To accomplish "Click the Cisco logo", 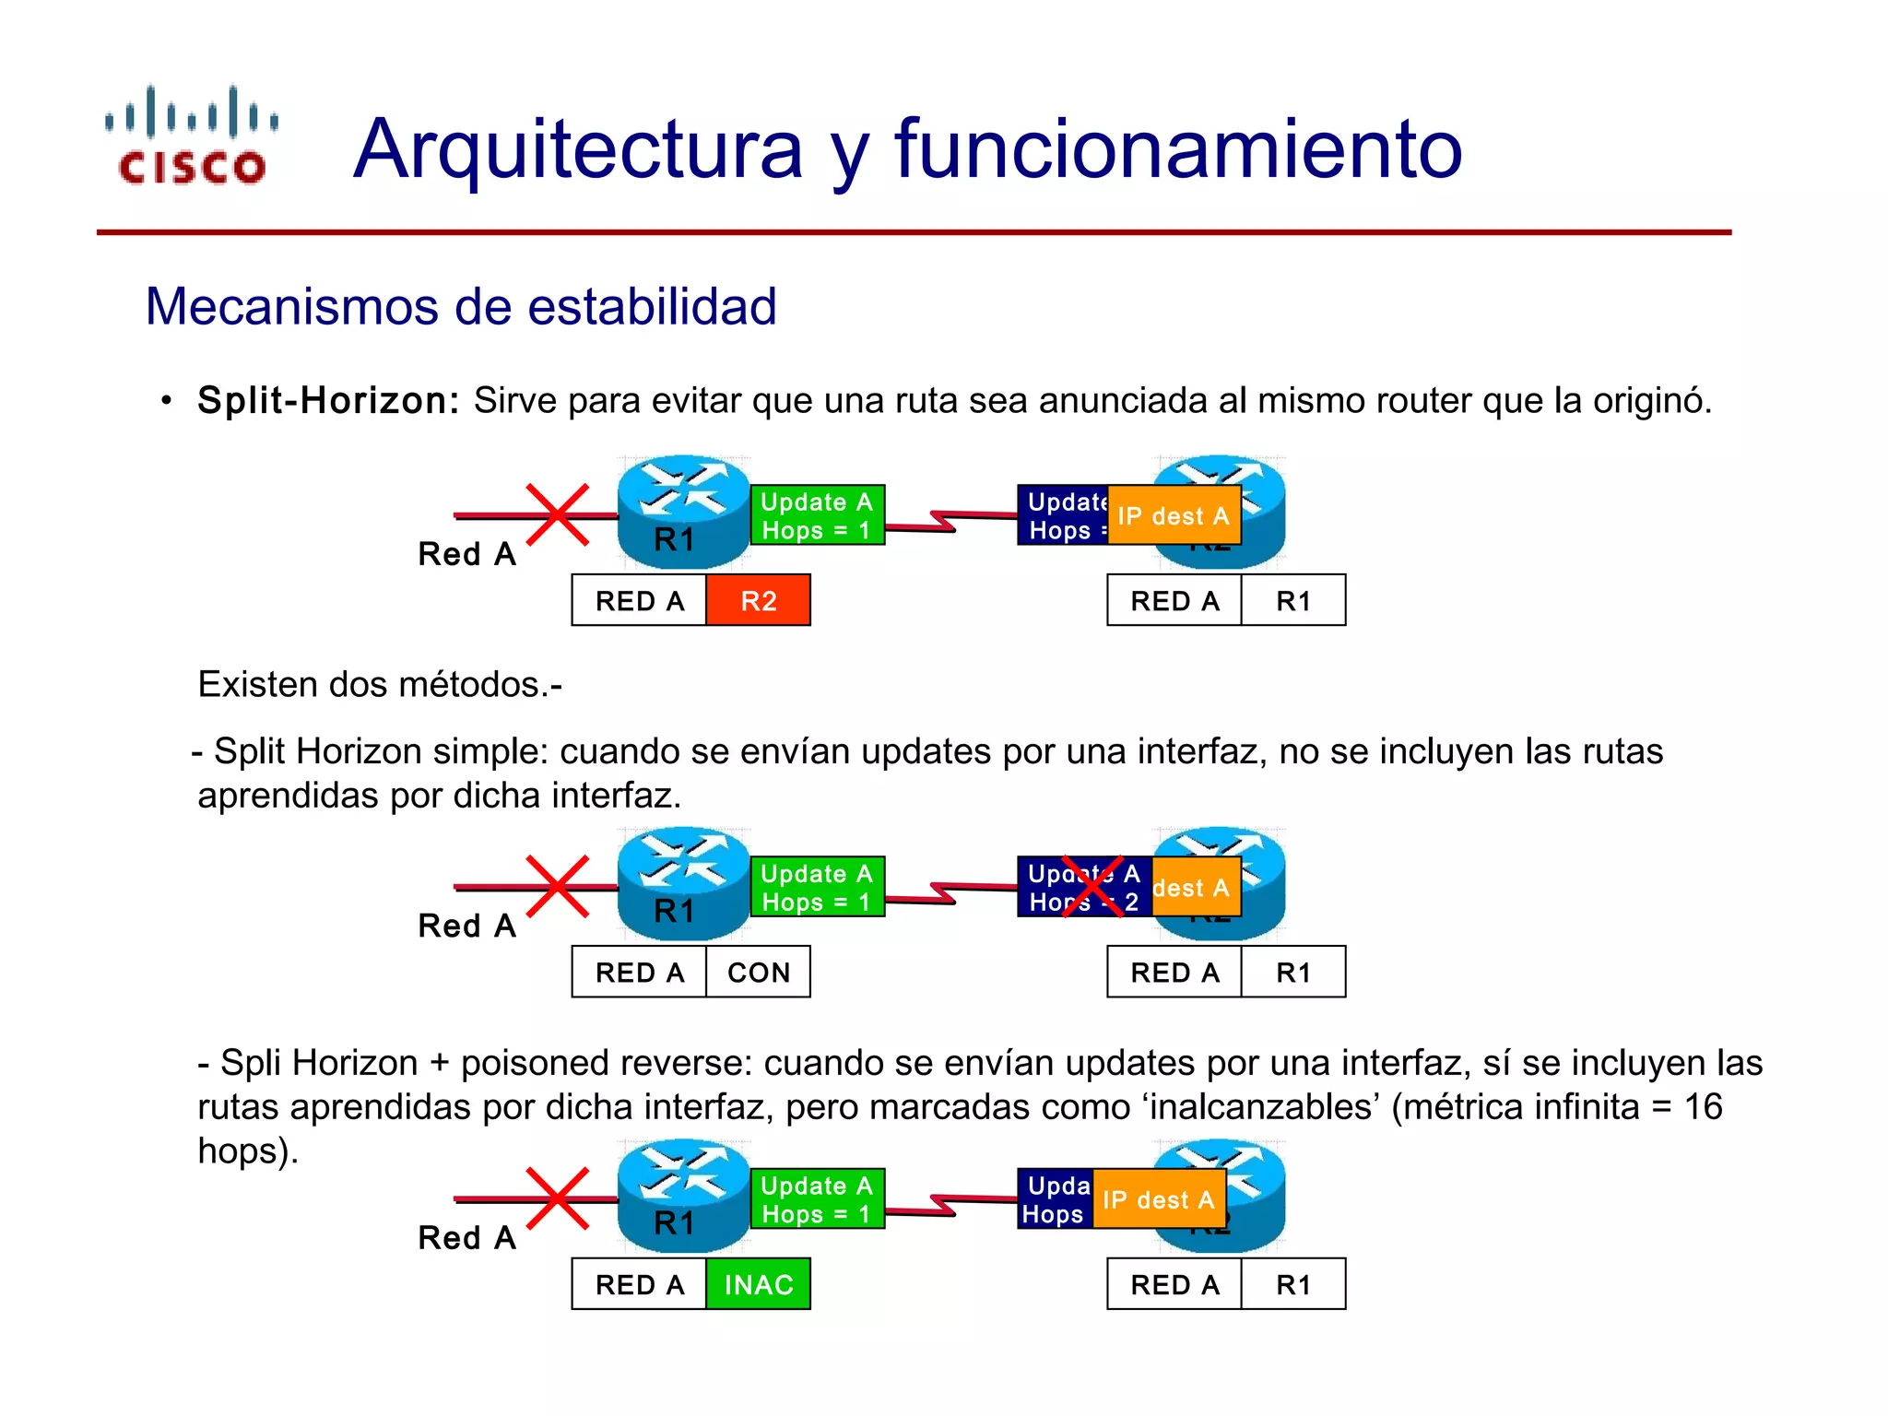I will pos(192,136).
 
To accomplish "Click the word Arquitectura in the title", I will pos(578,149).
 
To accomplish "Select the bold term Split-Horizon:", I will pos(328,401).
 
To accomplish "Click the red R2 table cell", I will pos(758,601).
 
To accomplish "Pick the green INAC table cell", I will pos(758,1284).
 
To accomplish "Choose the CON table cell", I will pos(758,973).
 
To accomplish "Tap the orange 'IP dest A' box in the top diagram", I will pos(1174,515).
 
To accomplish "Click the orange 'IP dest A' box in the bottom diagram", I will pos(1159,1199).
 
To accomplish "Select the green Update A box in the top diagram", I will pos(817,515).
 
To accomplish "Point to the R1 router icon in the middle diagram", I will pos(683,883).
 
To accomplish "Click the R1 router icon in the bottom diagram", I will pos(683,1196).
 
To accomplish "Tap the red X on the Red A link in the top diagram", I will pos(558,514).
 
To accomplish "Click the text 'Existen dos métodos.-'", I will pos(380,685).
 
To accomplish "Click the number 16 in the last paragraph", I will pos(1703,1107).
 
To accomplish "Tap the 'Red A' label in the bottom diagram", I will pos(466,1238).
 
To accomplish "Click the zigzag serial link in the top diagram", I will pos(943,521).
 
